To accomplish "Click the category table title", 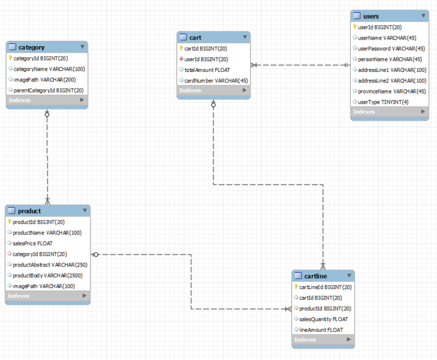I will tap(31, 47).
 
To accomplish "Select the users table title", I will tap(371, 16).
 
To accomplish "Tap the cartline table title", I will tap(315, 276).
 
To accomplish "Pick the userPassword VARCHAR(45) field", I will tap(391, 49).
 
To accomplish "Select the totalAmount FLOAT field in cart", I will tap(207, 70).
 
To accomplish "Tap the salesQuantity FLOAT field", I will tap(323, 319).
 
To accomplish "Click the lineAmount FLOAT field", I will tap(321, 330).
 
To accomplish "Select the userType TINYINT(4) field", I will tap(383, 102).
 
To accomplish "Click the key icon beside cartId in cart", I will tap(181, 49).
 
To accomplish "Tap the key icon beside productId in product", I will tap(10, 222).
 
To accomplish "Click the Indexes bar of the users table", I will tap(389, 112).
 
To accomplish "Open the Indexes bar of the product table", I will tap(47, 296).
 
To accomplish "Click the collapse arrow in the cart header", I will tap(245, 37).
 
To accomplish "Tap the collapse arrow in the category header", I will tap(82, 47).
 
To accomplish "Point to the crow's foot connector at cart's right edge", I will tap(255, 65).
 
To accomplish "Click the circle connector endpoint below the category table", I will tap(47, 113).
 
